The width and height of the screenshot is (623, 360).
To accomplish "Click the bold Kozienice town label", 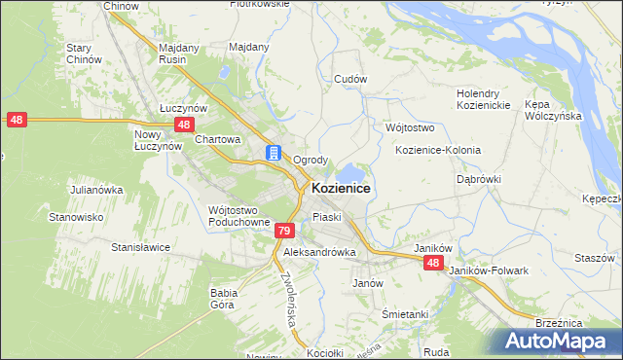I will [340, 188].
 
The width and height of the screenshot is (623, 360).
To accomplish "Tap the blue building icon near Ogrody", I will [275, 154].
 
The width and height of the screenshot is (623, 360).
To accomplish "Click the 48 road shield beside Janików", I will [433, 264].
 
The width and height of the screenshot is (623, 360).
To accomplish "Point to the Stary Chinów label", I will [84, 54].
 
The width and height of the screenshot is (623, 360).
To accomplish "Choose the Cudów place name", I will [349, 78].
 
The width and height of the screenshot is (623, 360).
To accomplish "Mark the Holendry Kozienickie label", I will [484, 99].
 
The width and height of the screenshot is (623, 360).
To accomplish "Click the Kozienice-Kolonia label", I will [438, 151].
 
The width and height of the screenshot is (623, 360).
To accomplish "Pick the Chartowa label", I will [217, 139].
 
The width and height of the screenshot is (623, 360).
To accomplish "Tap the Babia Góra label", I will [224, 297].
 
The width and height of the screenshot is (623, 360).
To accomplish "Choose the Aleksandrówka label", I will [319, 251].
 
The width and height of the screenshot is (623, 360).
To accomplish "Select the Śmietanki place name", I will [405, 314].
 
